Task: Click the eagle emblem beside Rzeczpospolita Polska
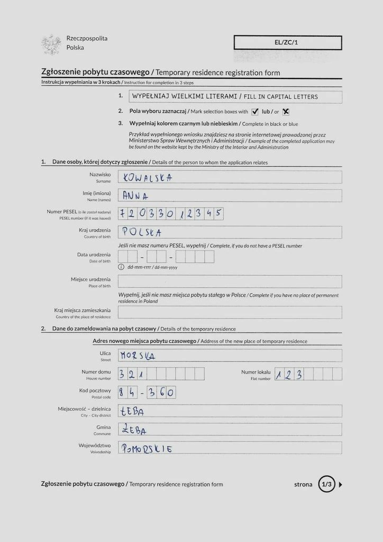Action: pos(52,44)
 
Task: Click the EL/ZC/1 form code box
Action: pos(288,42)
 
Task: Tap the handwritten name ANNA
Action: pos(135,196)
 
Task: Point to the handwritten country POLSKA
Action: pos(142,232)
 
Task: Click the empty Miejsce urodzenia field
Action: pos(230,282)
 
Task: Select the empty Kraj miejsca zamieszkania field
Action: pos(230,312)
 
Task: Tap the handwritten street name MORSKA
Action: pos(138,356)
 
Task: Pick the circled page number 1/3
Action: pos(326,484)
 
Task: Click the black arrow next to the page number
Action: pos(341,484)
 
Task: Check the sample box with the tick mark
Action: pos(254,112)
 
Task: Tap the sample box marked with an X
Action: pos(286,112)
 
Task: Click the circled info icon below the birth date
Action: pos(121,267)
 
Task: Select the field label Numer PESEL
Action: pos(62,212)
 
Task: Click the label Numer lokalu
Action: pos(256,372)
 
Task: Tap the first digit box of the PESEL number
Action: pos(123,214)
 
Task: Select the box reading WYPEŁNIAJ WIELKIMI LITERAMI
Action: pos(230,97)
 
